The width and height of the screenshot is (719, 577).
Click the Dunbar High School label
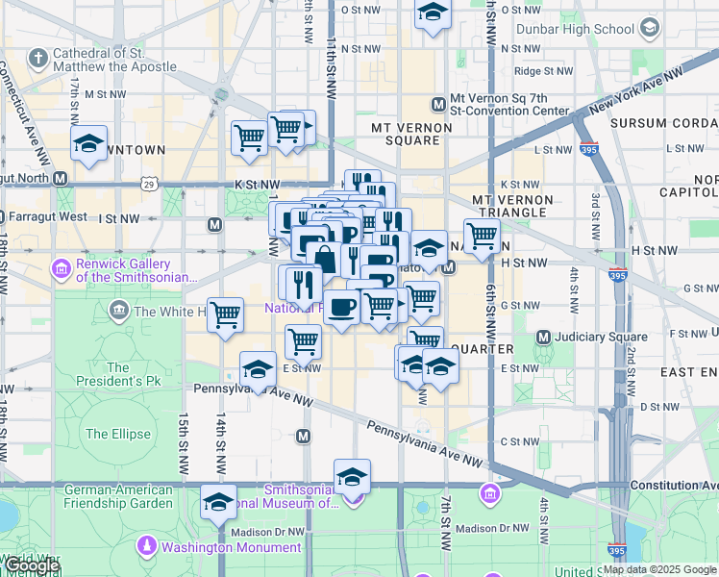[575, 29]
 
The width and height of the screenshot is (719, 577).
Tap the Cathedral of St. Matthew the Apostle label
[114, 60]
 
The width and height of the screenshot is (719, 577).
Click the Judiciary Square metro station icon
[543, 337]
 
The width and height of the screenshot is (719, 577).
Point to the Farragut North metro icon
[60, 178]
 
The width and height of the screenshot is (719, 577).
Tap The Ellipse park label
[118, 434]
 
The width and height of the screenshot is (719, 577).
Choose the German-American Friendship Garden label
[118, 496]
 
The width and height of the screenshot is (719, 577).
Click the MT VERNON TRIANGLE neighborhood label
[512, 206]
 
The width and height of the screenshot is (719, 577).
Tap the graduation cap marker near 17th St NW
[89, 144]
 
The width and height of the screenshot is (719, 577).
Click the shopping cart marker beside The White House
[225, 314]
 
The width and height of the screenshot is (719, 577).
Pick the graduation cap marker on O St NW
[433, 13]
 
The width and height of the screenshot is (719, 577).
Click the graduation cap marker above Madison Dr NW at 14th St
[218, 501]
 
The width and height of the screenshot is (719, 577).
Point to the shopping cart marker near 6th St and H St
[482, 236]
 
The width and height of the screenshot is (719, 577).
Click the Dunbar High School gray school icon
[650, 28]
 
